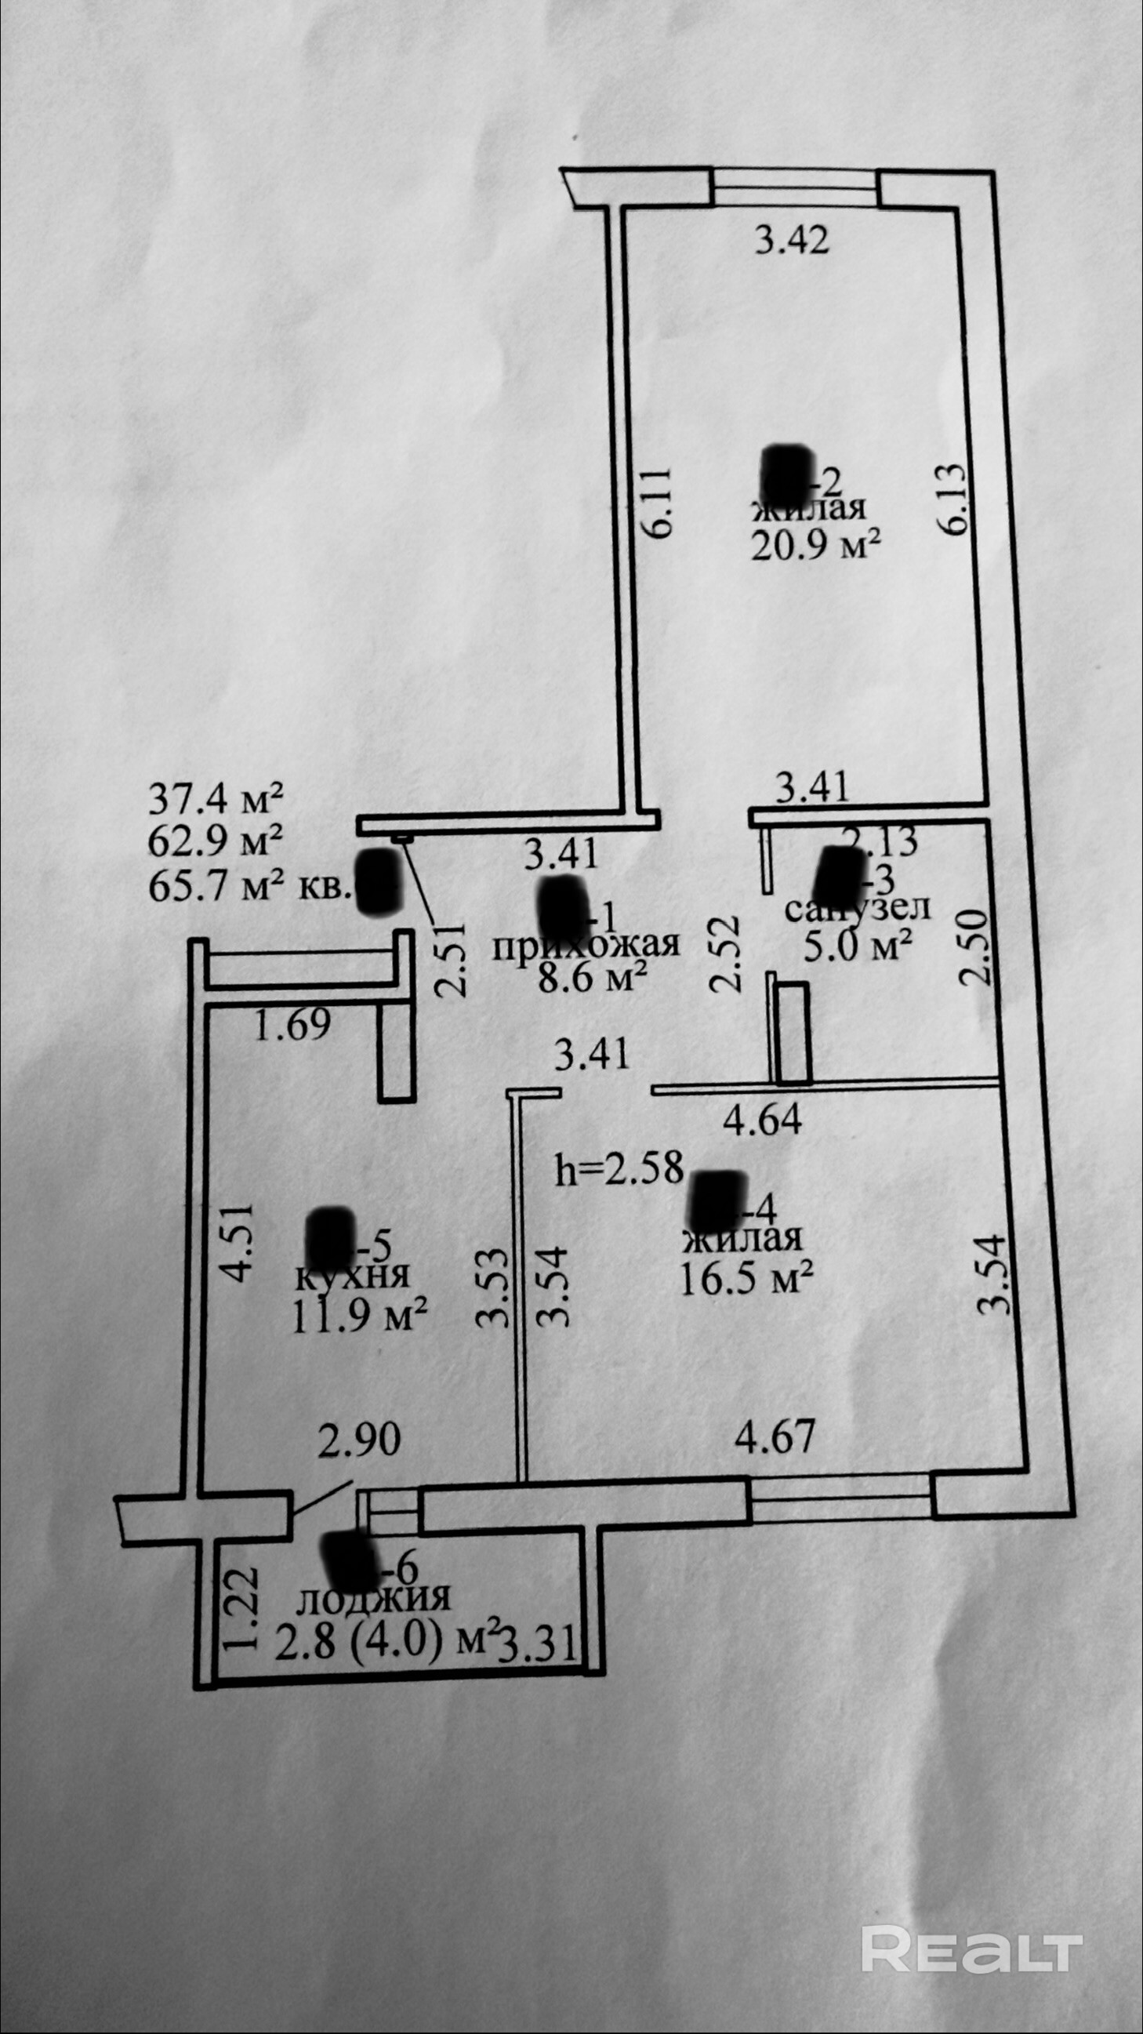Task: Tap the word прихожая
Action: [585, 944]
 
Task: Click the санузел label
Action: [858, 908]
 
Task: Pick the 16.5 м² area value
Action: [747, 1276]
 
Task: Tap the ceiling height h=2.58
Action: [619, 1168]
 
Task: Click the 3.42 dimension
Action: [792, 239]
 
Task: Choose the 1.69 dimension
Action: [292, 1026]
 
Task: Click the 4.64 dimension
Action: [764, 1120]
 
